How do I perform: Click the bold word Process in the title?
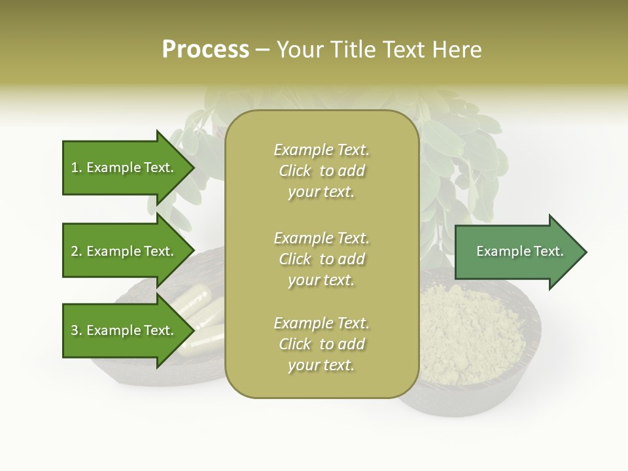click(205, 50)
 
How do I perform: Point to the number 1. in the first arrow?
click(77, 167)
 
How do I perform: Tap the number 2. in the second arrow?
click(77, 251)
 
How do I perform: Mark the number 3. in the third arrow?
click(77, 330)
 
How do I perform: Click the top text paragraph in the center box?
click(321, 171)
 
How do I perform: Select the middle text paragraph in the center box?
click(321, 259)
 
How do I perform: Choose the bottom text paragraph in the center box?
click(321, 344)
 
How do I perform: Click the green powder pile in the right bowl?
click(471, 334)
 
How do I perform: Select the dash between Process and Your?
click(263, 50)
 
